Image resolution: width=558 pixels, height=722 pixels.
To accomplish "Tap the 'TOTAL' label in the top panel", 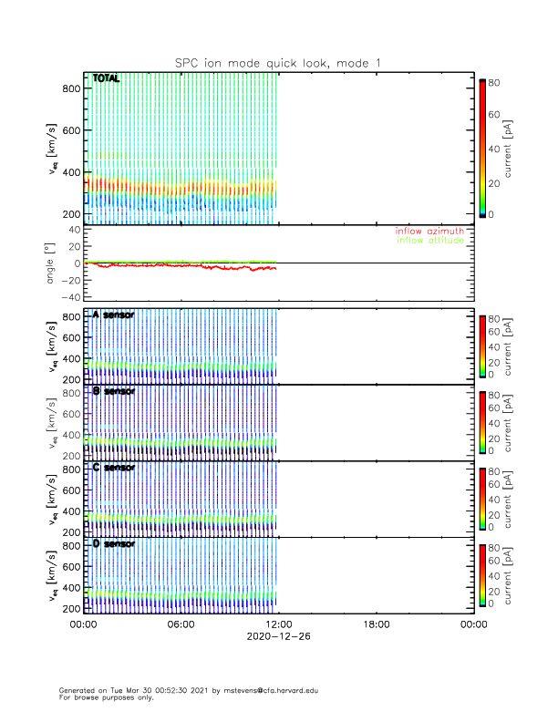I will click(x=106, y=78).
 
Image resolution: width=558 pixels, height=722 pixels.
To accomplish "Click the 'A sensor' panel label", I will click(x=114, y=315).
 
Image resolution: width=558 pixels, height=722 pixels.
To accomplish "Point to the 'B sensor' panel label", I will click(x=114, y=391).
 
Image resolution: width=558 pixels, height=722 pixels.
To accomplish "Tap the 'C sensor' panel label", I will click(x=114, y=468).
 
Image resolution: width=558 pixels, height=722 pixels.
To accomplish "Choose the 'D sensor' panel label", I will click(x=114, y=544).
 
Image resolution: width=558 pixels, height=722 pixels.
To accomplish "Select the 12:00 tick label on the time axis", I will click(x=278, y=624).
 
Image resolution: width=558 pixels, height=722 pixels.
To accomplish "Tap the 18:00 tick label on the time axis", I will click(x=376, y=624).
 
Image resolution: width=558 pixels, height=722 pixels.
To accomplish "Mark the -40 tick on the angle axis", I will click(x=67, y=296).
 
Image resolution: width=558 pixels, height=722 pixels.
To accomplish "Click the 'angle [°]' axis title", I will click(x=53, y=263).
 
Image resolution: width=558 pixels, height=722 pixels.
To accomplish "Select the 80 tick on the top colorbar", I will click(x=493, y=81).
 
